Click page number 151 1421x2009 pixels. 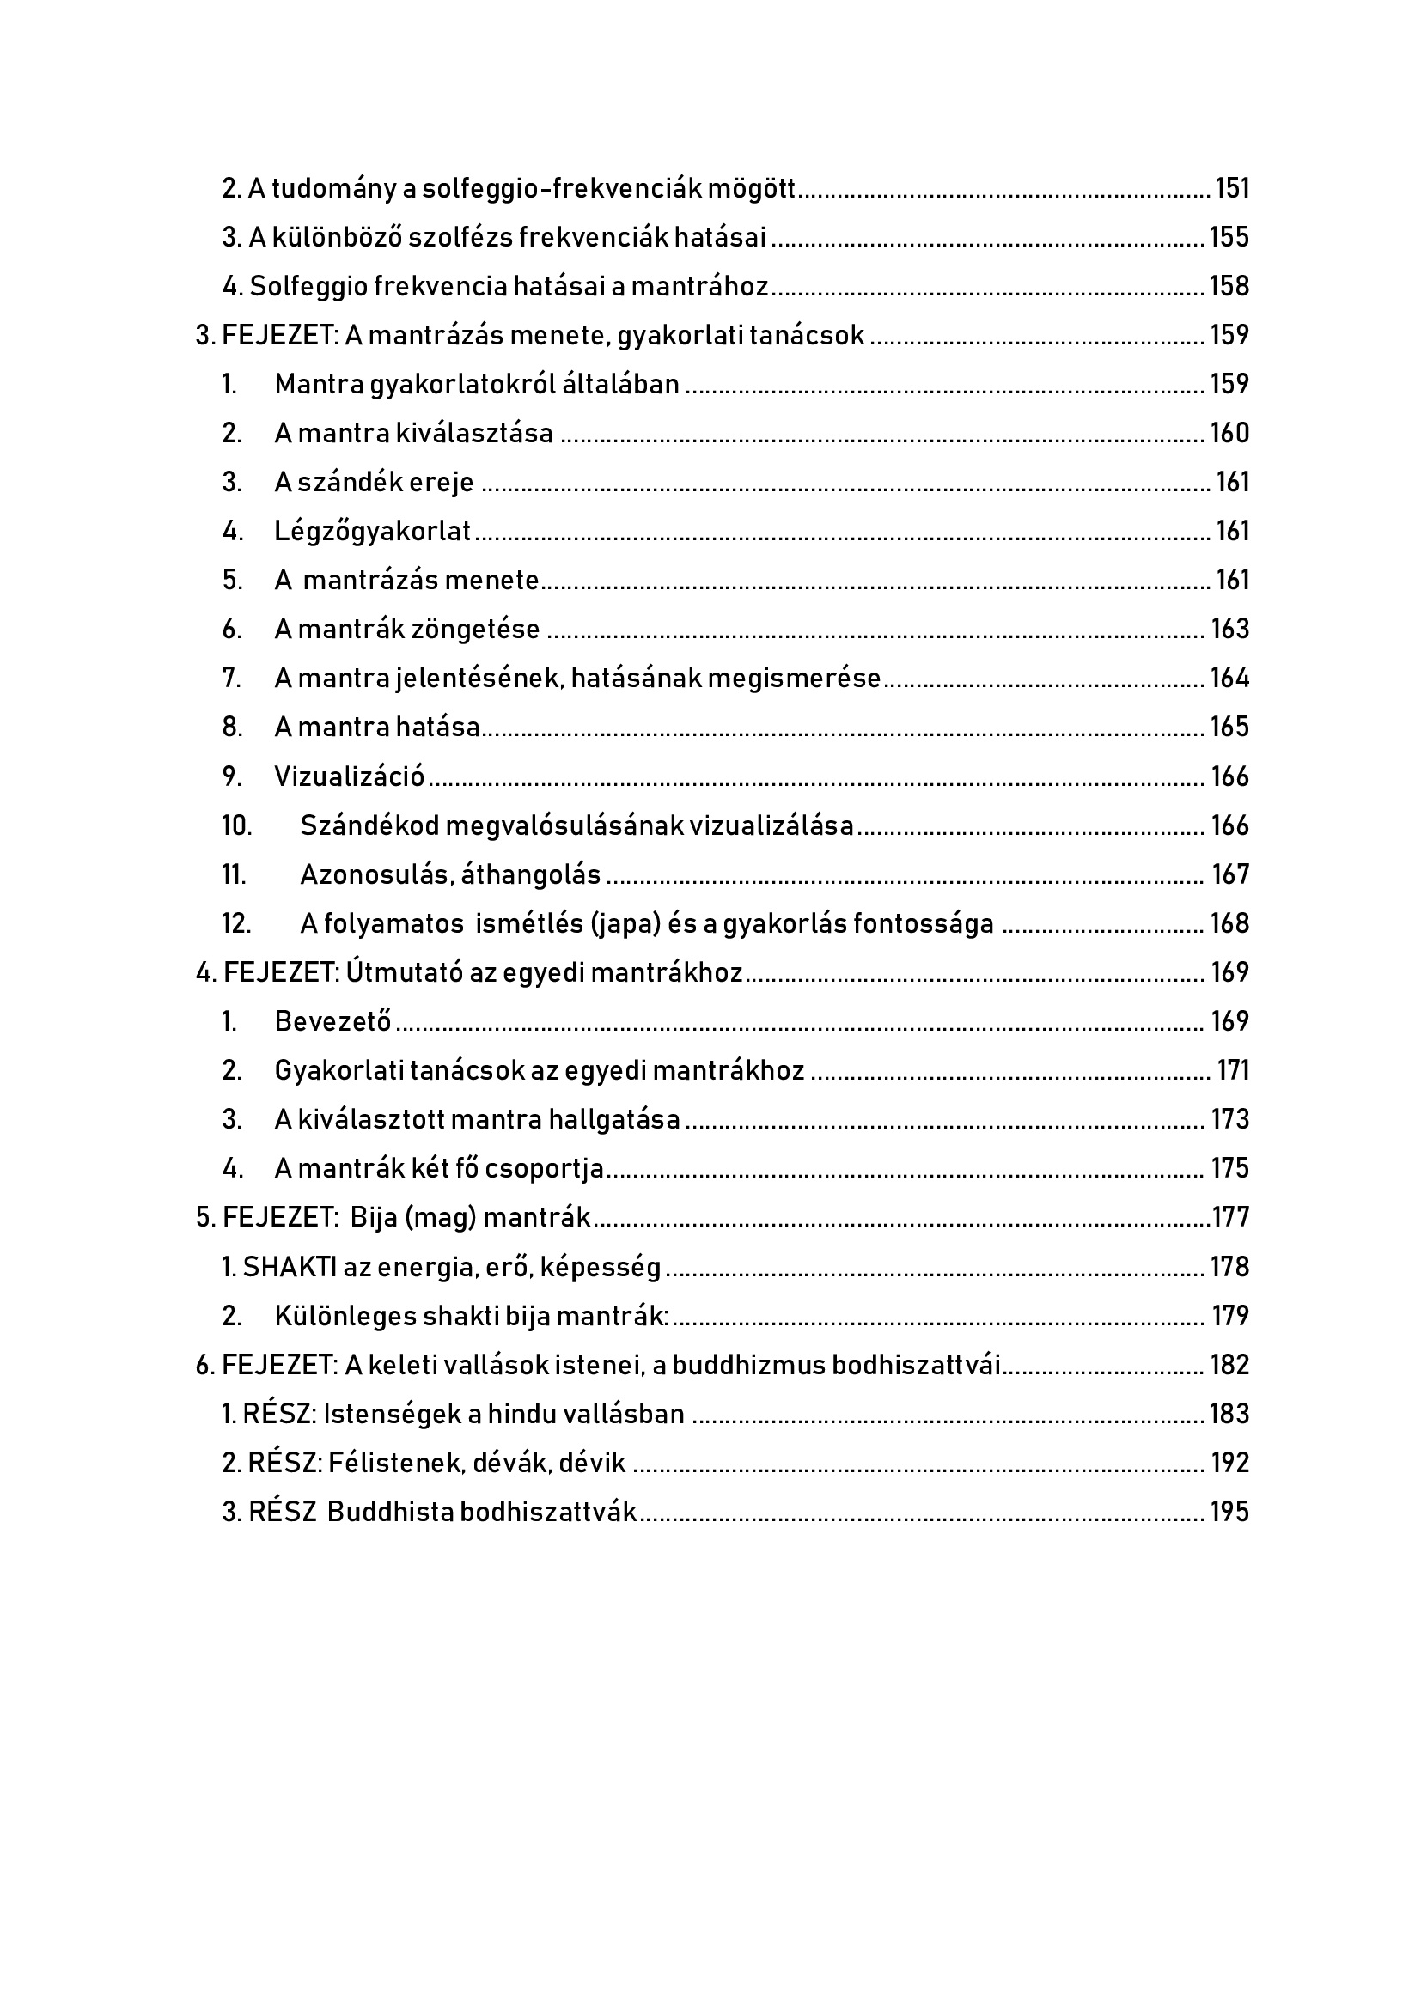pyautogui.click(x=1232, y=189)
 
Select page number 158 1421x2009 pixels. pyautogui.click(x=1229, y=287)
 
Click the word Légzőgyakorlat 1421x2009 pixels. pyautogui.click(x=373, y=532)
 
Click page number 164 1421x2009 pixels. pyautogui.click(x=1229, y=679)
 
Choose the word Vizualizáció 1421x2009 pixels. pyautogui.click(x=349, y=777)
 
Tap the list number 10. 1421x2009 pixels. pyautogui.click(x=236, y=826)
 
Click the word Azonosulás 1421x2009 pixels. pyautogui.click(x=375, y=875)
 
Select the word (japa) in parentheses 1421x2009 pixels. pyautogui.click(x=625, y=924)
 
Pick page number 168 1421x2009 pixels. pyautogui.click(x=1229, y=924)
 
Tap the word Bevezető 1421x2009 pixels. pyautogui.click(x=332, y=1022)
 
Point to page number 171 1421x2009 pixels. pyautogui.click(x=1233, y=1071)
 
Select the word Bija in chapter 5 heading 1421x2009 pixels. pyautogui.click(x=374, y=1218)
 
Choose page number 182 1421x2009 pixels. pyautogui.click(x=1229, y=1365)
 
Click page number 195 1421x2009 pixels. pyautogui.click(x=1229, y=1513)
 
